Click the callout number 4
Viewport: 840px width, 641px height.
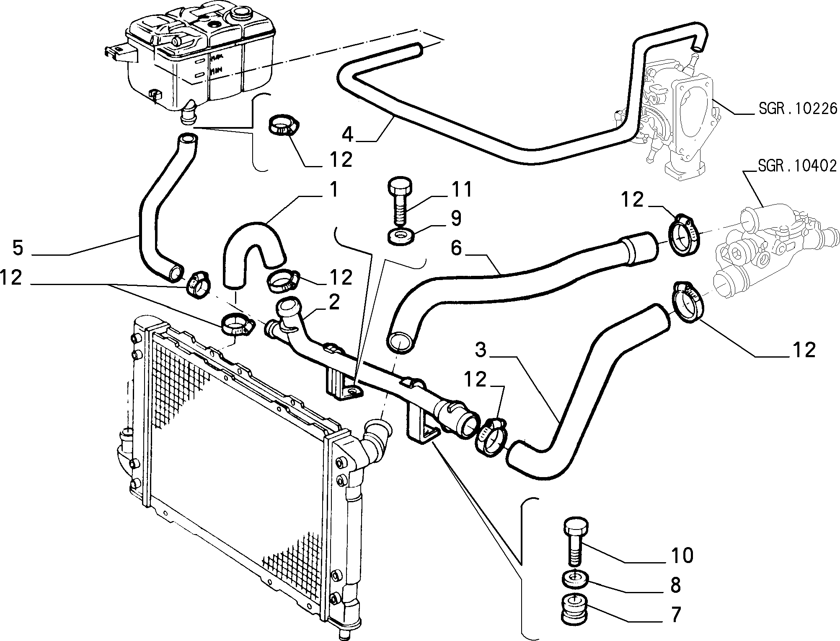point(348,135)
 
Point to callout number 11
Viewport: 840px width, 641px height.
point(461,189)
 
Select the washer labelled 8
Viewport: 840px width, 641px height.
point(575,579)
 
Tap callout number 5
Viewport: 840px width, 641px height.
point(18,248)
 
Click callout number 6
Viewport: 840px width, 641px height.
point(456,248)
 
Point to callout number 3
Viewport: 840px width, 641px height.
point(481,349)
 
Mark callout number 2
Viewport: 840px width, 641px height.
point(334,302)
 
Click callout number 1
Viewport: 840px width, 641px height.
point(333,189)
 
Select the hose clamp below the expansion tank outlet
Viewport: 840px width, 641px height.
point(284,125)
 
